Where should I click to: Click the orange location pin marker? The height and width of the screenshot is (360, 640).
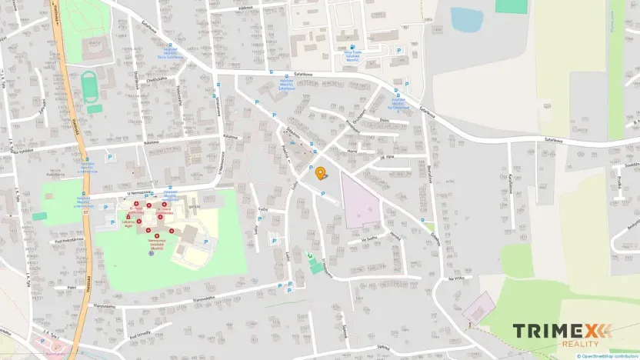[321, 172]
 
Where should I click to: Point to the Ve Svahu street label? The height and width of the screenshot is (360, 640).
[367, 239]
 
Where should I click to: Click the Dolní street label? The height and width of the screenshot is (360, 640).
[385, 119]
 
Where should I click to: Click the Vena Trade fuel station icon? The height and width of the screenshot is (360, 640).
[352, 47]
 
